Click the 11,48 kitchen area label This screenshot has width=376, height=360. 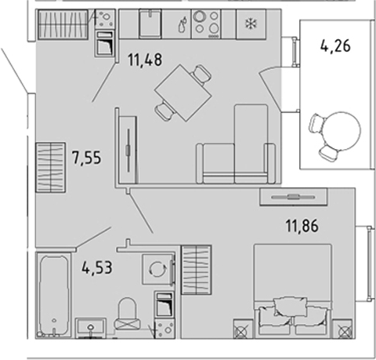145,60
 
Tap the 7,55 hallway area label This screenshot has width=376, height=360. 86,158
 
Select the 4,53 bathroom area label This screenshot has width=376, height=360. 97,268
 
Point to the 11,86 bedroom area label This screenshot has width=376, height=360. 302,226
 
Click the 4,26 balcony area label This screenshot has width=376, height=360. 335,46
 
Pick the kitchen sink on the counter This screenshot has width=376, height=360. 150,24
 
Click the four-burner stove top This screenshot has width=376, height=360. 206,24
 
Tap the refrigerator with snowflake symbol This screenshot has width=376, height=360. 251,24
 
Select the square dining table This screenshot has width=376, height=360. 183,93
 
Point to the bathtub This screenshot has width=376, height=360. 53,295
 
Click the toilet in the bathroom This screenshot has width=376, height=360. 128,314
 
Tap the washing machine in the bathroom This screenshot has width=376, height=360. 158,269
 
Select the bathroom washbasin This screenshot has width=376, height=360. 91,328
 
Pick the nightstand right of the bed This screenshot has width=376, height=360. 343,329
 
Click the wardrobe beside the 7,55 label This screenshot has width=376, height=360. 50,167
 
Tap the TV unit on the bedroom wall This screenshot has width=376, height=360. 294,197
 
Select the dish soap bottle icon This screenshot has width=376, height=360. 183,25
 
